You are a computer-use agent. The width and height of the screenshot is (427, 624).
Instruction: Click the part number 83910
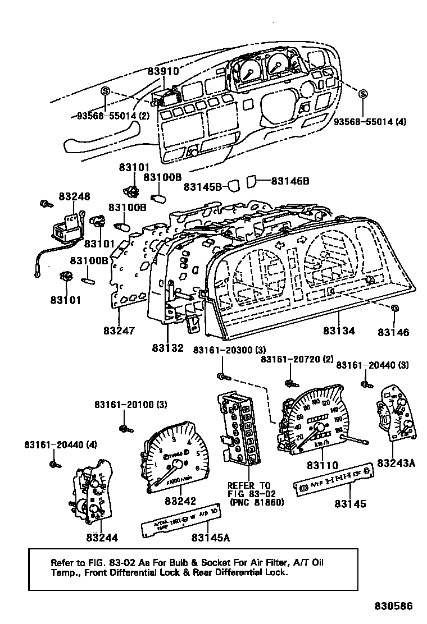[163, 71]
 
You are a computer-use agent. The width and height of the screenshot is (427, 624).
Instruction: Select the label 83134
[339, 331]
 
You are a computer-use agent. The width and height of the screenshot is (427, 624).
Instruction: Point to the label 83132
[167, 348]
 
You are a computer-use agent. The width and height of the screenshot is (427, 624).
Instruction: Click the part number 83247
[119, 331]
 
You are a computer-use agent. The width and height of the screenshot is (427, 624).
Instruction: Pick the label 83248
[74, 197]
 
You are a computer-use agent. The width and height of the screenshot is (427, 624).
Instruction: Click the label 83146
[393, 332]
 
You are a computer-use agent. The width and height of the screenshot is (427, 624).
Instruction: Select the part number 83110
[322, 465]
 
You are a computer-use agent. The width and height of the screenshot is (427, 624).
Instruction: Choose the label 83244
[102, 537]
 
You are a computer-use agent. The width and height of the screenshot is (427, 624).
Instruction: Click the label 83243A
[396, 463]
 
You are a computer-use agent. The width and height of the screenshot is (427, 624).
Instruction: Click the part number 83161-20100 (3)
[130, 405]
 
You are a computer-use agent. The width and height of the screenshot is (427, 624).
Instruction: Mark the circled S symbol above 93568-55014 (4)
[363, 94]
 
